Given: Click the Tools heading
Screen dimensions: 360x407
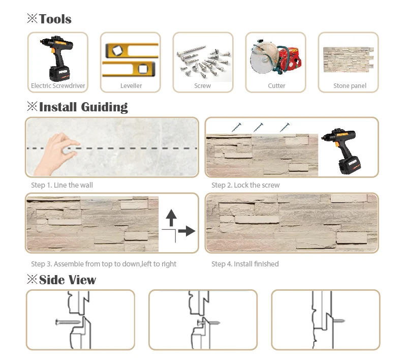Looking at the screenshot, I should [55, 19].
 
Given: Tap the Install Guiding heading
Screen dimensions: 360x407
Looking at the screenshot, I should [83, 107].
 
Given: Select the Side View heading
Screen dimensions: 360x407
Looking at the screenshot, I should [67, 280].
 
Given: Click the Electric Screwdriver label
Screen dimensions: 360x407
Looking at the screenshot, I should [58, 86].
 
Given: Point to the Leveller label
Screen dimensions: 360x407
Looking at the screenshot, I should [131, 86].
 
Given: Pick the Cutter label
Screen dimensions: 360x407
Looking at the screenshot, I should [276, 86].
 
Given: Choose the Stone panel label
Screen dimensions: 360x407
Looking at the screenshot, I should [350, 86].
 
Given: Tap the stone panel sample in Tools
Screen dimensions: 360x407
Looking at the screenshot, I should [349, 60].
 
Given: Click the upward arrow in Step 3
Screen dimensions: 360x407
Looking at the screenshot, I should [171, 218].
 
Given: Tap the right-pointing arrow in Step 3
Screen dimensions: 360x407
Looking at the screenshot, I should [186, 231].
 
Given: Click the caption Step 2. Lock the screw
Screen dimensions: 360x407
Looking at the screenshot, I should [245, 185].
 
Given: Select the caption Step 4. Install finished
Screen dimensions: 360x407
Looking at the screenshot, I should [245, 264].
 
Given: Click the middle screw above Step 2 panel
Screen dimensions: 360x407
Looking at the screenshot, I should [258, 127].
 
